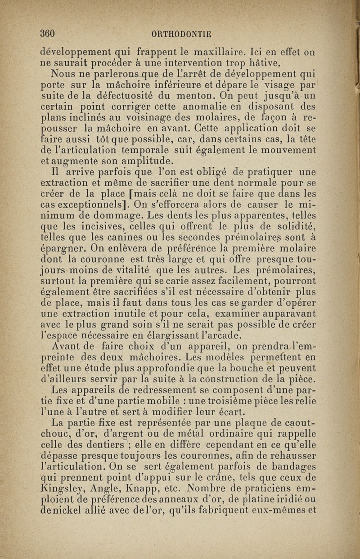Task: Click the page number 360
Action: click(x=47, y=33)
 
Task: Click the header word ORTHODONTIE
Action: click(x=182, y=34)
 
